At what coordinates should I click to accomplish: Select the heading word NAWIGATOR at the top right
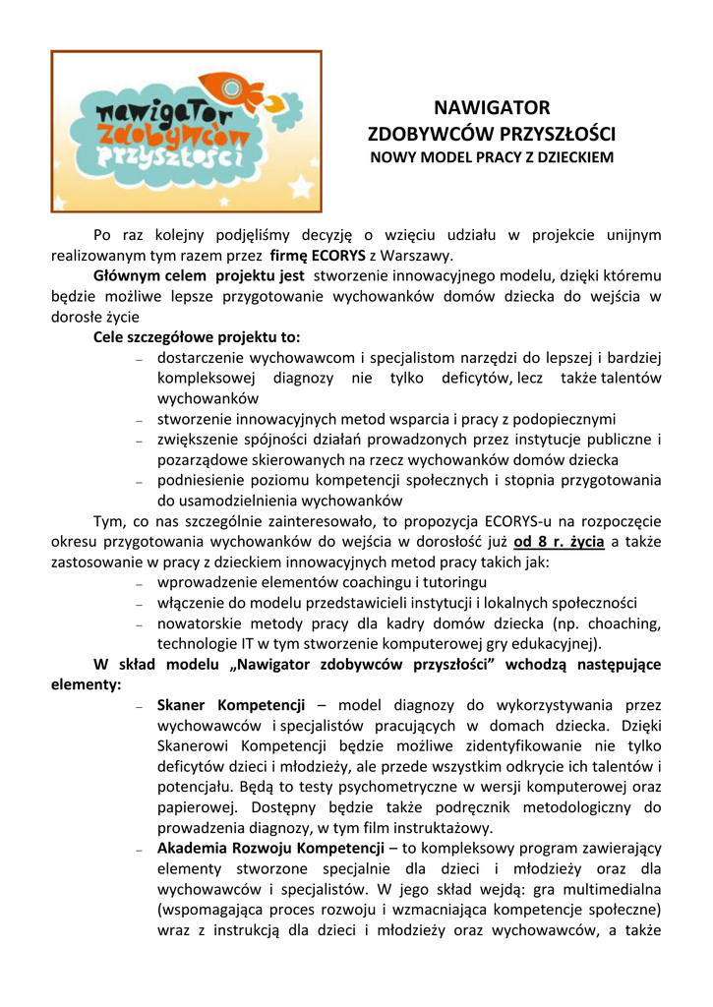[492, 107]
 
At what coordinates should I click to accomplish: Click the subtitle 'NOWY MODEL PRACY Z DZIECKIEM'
[492, 157]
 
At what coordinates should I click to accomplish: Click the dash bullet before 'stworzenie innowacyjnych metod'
[141, 420]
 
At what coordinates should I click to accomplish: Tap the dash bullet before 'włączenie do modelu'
[141, 605]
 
